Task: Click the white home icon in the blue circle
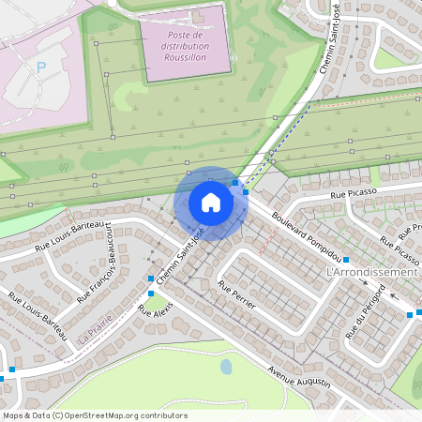[x=210, y=203]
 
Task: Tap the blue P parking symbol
[x=40, y=68]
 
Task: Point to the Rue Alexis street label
[x=155, y=321]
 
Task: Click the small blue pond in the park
[x=226, y=366]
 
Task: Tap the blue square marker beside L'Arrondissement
[x=346, y=260]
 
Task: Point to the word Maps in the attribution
[x=13, y=415]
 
